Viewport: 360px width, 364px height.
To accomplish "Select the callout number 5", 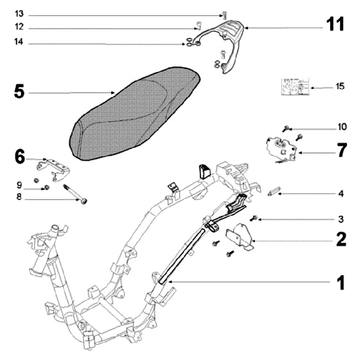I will (19, 92).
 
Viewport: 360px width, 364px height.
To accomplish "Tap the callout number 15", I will (340, 86).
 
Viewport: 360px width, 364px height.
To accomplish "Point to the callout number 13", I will (19, 12).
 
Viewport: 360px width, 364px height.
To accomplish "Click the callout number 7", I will (341, 150).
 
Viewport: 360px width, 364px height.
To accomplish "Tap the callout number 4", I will (340, 192).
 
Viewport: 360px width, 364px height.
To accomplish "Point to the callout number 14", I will (19, 44).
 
